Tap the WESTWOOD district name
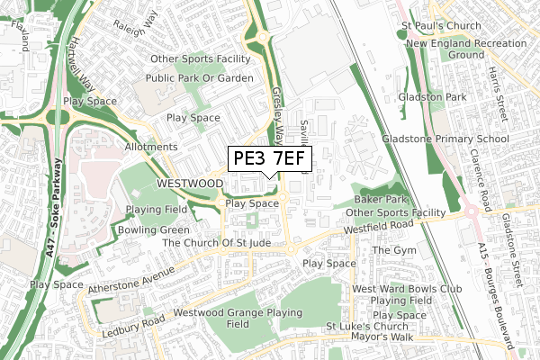coord(189,183)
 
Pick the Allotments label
coord(150,147)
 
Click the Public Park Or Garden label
coord(202,77)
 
